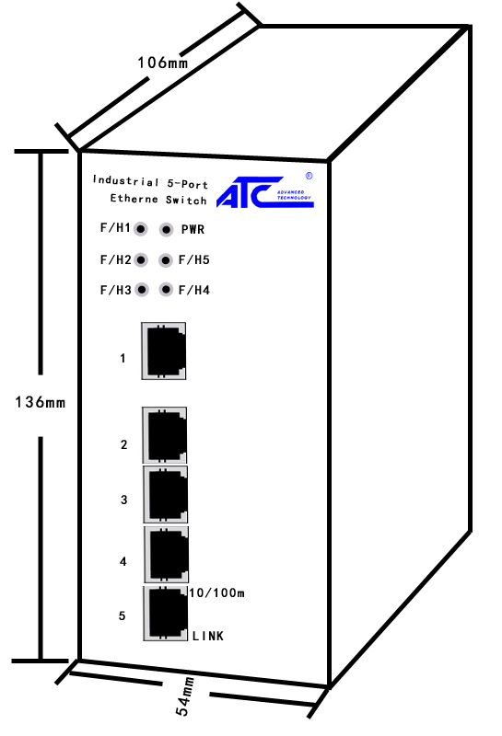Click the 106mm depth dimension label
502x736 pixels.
click(163, 63)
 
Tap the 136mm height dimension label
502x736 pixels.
click(41, 402)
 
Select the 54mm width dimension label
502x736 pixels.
click(185, 696)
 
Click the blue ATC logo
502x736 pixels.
click(264, 192)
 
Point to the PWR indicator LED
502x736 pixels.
click(166, 229)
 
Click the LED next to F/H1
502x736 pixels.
click(141, 229)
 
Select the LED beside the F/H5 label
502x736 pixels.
click(166, 260)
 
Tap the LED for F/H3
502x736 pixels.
click(142, 290)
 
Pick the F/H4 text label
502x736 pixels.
click(194, 290)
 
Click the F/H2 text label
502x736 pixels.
click(116, 259)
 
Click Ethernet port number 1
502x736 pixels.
click(164, 351)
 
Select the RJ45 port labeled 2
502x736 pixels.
click(165, 435)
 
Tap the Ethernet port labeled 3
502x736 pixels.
click(166, 494)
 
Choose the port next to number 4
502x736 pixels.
click(167, 555)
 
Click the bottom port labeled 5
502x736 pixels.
click(166, 614)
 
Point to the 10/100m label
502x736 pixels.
click(217, 592)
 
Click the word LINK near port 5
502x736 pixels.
click(208, 636)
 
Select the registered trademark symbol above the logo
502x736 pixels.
click(309, 176)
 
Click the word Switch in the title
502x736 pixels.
click(186, 200)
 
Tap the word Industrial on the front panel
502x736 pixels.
click(126, 180)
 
